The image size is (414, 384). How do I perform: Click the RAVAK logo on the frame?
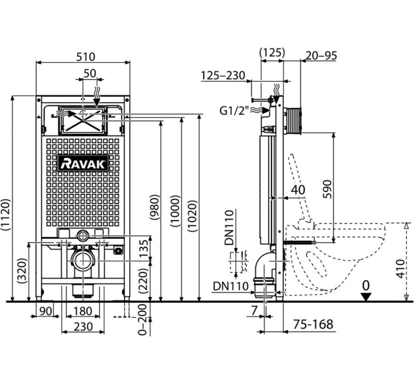83,163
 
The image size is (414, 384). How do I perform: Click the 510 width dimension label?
85,57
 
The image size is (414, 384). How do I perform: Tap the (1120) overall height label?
6,215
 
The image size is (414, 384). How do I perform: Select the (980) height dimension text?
155,207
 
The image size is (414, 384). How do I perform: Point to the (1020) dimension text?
192,216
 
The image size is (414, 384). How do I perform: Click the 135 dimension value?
144,249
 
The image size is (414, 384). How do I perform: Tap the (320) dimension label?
22,271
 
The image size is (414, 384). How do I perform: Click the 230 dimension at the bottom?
83,327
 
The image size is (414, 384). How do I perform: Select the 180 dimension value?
83,311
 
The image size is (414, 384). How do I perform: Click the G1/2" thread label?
234,110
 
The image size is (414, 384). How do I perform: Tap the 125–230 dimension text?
223,76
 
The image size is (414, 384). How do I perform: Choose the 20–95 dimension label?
321,55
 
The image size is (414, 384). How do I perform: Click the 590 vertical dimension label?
327,189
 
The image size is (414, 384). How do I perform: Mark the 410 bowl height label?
401,269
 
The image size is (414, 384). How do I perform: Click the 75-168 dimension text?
313,324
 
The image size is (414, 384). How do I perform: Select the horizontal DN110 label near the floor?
231,286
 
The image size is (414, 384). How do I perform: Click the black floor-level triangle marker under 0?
366,297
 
